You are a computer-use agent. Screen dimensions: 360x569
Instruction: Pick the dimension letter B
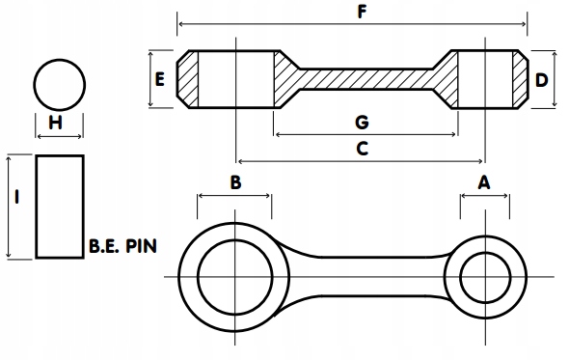(234, 181)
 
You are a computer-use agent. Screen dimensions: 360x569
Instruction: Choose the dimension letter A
(484, 181)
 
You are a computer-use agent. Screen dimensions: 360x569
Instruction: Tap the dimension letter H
(55, 123)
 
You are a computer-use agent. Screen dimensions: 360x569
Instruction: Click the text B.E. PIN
(122, 246)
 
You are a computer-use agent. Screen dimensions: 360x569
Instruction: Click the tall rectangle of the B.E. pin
(60, 206)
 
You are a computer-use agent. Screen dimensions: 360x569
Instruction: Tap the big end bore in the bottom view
(234, 277)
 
